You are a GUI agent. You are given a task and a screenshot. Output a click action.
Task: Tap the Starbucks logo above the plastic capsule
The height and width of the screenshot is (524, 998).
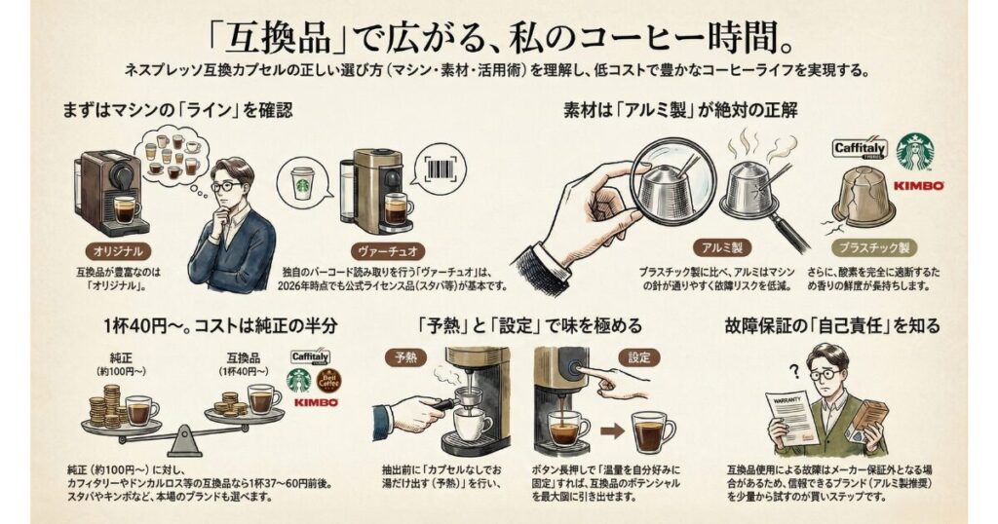914,152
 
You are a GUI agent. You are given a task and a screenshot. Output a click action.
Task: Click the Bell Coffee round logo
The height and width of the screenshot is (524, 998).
330,378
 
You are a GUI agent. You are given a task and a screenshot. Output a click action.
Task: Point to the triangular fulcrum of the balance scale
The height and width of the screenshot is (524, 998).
183,443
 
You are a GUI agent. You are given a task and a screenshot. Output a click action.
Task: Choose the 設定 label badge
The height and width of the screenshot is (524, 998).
639,356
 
